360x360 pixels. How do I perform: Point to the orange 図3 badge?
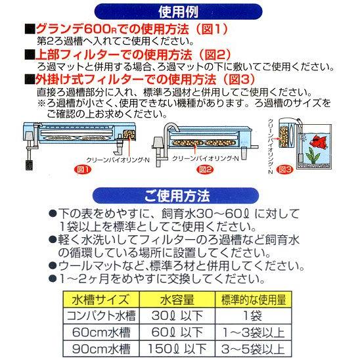click(x=286, y=169)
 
